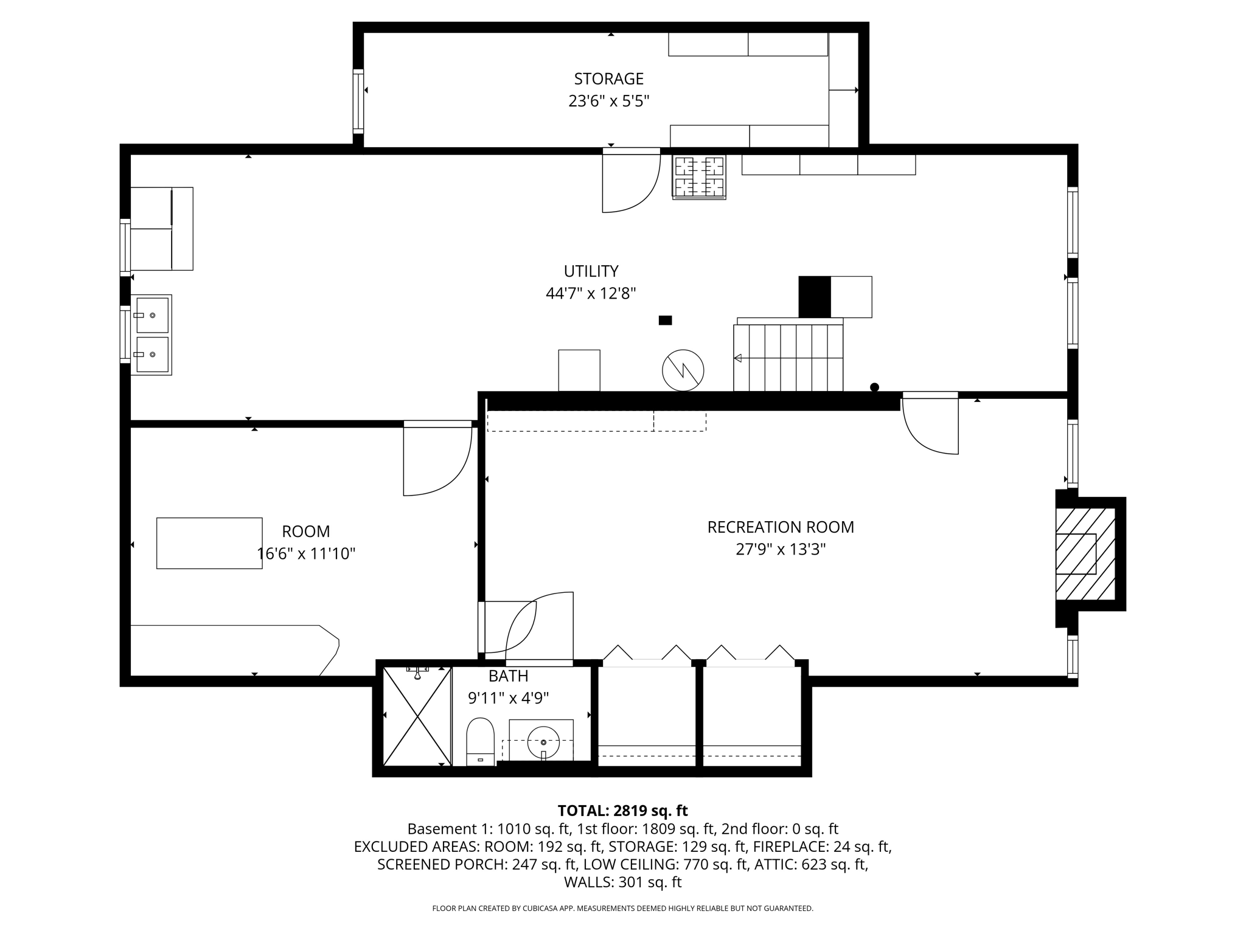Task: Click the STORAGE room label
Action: pyautogui.click(x=608, y=79)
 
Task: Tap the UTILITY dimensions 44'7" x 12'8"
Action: pyautogui.click(x=591, y=294)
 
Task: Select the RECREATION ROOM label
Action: pyautogui.click(x=780, y=527)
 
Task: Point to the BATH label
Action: pyautogui.click(x=508, y=676)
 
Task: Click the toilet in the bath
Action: pyautogui.click(x=480, y=741)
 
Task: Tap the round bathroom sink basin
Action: pyautogui.click(x=543, y=742)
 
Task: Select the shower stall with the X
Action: pyautogui.click(x=417, y=716)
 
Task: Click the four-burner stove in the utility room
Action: pyautogui.click(x=699, y=176)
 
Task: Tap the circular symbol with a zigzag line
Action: pyautogui.click(x=683, y=370)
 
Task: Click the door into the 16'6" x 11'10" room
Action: pyautogui.click(x=437, y=459)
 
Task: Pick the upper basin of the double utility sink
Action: pyautogui.click(x=152, y=315)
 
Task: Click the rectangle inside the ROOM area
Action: pyautogui.click(x=209, y=543)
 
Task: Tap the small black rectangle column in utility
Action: pyautogui.click(x=665, y=320)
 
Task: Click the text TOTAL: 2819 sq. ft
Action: pyautogui.click(x=622, y=811)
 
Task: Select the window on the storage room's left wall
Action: pyautogui.click(x=358, y=102)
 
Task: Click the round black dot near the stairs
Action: pyautogui.click(x=874, y=387)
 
